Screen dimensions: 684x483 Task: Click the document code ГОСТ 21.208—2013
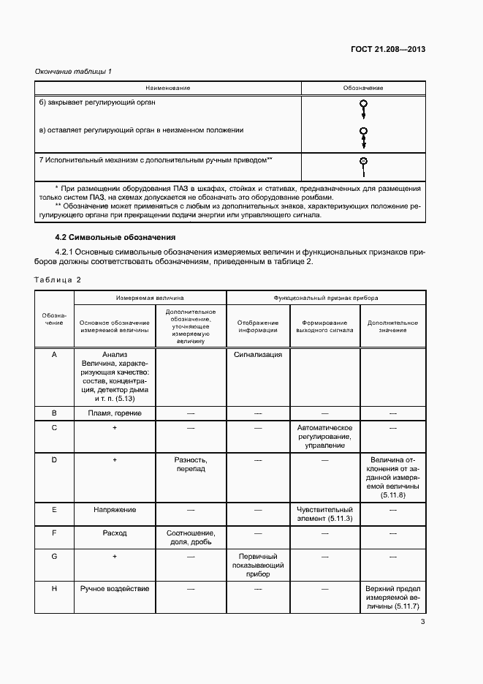(x=388, y=50)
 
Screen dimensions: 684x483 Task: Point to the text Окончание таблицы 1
(x=73, y=71)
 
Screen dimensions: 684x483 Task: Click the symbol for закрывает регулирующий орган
(x=363, y=108)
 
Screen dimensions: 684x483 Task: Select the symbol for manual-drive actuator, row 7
(x=363, y=166)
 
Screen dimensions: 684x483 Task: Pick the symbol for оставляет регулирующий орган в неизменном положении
(x=363, y=136)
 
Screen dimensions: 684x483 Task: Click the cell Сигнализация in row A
(x=258, y=354)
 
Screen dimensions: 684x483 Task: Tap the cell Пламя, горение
(x=115, y=413)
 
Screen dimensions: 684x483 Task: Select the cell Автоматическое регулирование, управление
(x=325, y=436)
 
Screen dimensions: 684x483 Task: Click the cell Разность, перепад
(x=191, y=465)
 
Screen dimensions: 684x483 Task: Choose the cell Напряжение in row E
(x=115, y=509)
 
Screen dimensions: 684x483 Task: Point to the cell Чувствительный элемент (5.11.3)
(x=325, y=514)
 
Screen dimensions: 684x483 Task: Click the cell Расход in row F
(x=115, y=533)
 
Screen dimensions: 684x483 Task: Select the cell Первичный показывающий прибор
(x=258, y=565)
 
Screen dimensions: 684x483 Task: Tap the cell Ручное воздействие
(x=115, y=588)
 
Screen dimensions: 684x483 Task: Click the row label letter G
(x=55, y=557)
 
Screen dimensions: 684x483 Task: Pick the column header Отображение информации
(x=258, y=326)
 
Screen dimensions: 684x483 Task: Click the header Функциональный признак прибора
(x=326, y=298)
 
